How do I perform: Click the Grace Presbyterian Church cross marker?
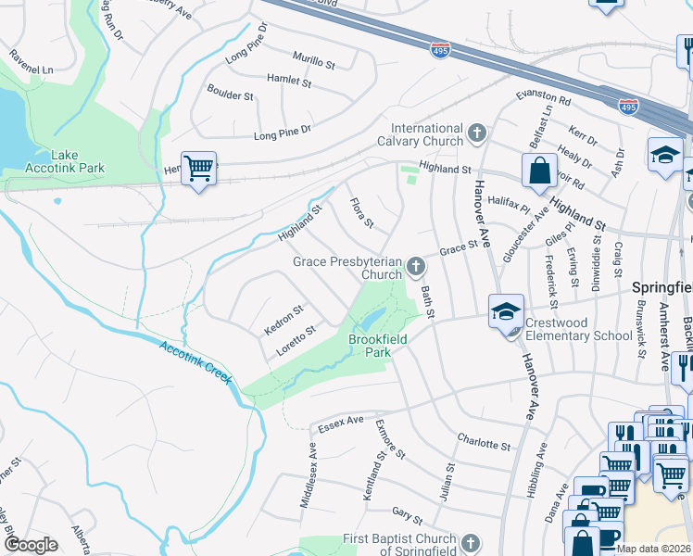(416, 269)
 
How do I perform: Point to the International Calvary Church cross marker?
(476, 134)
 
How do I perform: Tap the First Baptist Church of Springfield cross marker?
(471, 542)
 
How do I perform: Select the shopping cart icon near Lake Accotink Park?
(198, 170)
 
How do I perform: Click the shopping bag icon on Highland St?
(539, 171)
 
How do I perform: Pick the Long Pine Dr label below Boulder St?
(283, 135)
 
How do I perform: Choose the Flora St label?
(361, 213)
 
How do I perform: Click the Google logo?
(31, 545)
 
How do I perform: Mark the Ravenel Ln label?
(31, 69)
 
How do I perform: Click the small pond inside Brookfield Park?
(368, 322)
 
